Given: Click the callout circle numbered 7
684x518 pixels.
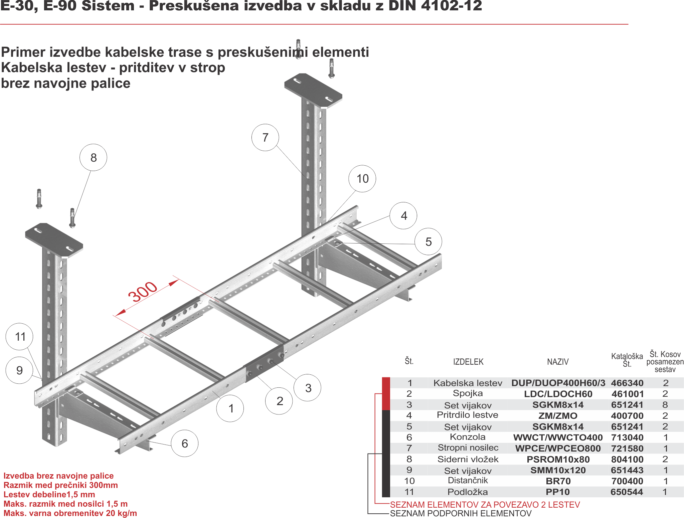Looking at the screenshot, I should click(x=266, y=138).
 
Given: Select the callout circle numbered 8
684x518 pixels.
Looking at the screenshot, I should click(x=94, y=158).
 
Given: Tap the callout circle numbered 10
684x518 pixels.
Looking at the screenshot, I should click(x=362, y=179).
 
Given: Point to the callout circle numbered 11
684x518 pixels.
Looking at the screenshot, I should click(x=20, y=337).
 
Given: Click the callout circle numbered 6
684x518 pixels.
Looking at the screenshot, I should click(x=185, y=444).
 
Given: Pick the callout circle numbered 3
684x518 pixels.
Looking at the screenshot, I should click(x=308, y=388).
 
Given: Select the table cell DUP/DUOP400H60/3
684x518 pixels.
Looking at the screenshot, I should click(x=558, y=383).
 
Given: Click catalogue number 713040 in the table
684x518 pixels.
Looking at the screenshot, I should click(x=627, y=438).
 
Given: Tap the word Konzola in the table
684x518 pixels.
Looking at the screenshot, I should click(x=468, y=437).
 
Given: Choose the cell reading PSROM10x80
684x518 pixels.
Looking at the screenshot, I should click(x=558, y=459).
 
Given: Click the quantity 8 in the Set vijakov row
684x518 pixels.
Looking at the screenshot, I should click(x=665, y=405).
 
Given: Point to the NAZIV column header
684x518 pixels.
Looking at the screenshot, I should click(x=558, y=362).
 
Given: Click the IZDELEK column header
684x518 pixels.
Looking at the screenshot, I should click(x=468, y=362).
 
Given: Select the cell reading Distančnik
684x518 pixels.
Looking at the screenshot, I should click(x=468, y=481).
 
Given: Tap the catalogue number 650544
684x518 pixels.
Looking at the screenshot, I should click(x=627, y=492).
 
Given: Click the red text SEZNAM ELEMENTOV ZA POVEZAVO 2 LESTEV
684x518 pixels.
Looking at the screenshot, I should click(x=485, y=504).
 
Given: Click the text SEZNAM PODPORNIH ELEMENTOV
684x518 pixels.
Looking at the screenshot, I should click(x=461, y=513).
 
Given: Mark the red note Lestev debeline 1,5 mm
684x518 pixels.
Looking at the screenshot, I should click(x=49, y=495).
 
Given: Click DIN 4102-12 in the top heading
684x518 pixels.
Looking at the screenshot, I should click(x=435, y=6).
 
